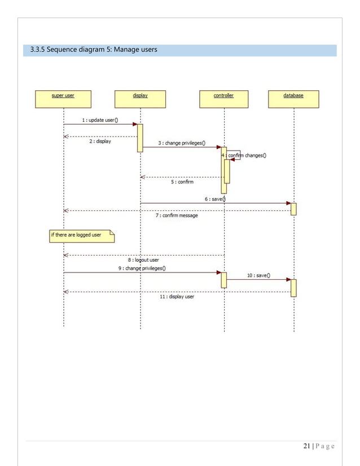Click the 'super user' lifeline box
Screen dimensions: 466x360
click(63, 99)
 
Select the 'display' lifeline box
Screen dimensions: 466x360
click(140, 99)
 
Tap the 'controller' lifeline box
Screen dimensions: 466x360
click(223, 99)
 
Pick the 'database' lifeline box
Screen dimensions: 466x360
click(293, 99)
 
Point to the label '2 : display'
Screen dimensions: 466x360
click(100, 142)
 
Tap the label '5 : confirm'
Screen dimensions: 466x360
click(182, 182)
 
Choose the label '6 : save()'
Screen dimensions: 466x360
click(215, 199)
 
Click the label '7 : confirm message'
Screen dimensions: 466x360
click(177, 216)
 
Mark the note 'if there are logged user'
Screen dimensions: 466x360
click(81, 235)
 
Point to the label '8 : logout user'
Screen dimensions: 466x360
click(143, 260)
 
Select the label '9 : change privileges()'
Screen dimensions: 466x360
click(142, 269)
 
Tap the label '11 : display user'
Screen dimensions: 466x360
click(177, 296)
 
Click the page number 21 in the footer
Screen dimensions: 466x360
click(307, 447)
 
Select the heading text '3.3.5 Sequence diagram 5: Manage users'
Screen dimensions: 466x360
click(94, 51)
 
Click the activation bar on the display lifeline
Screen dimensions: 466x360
click(140, 138)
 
